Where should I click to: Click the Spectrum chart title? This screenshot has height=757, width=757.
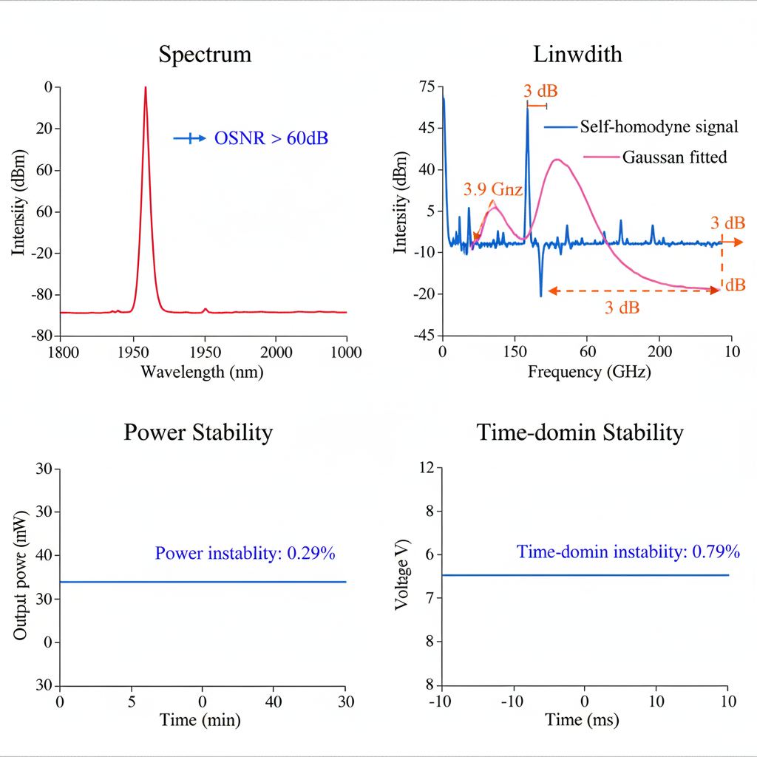point(204,55)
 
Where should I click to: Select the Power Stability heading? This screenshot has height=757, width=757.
point(198,432)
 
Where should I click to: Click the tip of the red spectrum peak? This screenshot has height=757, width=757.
point(146,87)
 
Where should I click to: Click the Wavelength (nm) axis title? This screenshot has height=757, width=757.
point(202,372)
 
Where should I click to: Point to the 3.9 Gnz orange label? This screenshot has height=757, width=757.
point(493,190)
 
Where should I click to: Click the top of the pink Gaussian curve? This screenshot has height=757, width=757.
point(557,159)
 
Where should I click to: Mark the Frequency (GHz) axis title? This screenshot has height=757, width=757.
point(589,372)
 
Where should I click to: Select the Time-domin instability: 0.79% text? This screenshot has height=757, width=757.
point(628,551)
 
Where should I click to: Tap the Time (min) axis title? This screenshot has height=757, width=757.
point(203,719)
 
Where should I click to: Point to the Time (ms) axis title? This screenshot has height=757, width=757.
point(583,719)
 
